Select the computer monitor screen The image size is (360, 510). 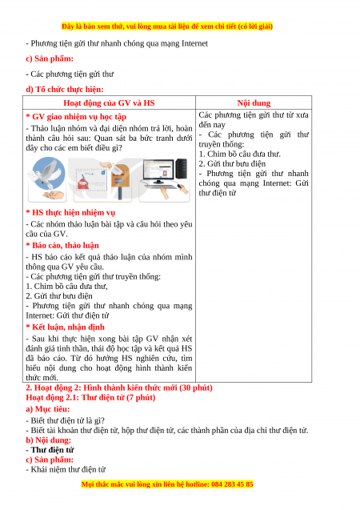[x=158, y=170]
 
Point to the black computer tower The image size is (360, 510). [x=182, y=168]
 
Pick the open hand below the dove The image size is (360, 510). [x=54, y=195]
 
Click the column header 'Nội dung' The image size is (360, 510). [x=254, y=103]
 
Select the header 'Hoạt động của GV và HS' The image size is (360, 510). [x=109, y=103]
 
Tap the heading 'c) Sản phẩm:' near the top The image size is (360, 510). [x=50, y=58]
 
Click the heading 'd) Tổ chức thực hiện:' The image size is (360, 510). [x=65, y=89]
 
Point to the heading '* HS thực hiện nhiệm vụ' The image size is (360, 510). [x=70, y=212]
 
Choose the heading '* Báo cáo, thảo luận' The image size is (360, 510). [x=62, y=245]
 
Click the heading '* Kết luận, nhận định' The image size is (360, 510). [x=66, y=327]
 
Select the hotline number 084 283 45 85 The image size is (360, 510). [x=232, y=484]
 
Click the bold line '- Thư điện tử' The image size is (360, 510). [x=50, y=450]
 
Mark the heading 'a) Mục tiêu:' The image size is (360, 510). [x=48, y=409]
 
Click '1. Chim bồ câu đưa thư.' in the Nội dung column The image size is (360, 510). [x=240, y=154]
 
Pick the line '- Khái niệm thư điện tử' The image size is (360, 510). [x=66, y=469]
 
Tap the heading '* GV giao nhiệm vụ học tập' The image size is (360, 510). [x=76, y=116]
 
